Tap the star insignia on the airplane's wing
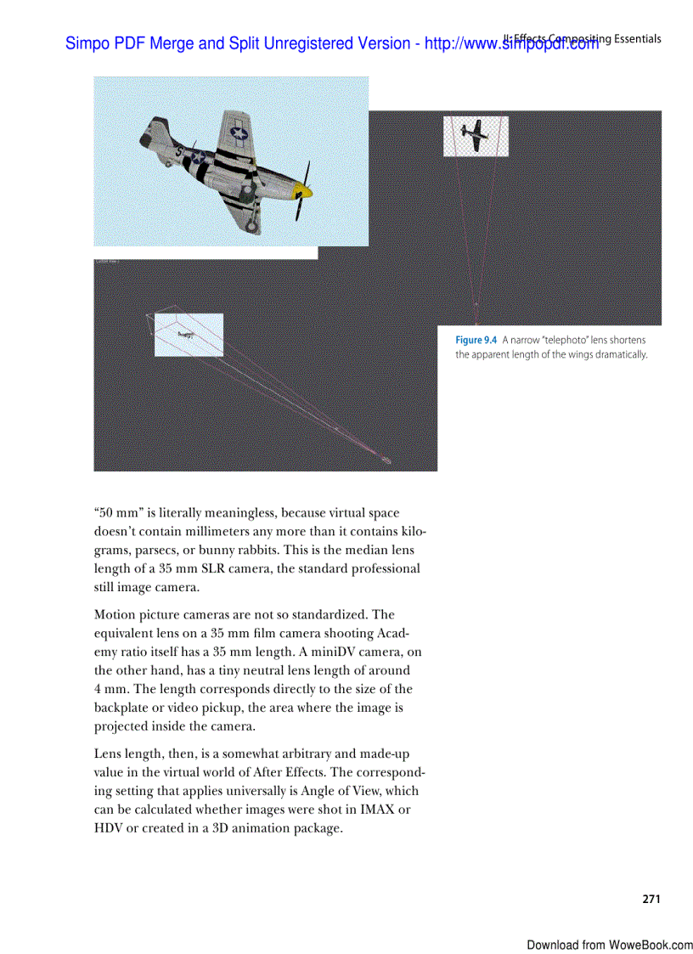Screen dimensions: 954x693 pos(239,133)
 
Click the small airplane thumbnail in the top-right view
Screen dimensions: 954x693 pos(475,135)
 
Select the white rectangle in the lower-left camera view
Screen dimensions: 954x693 pos(189,335)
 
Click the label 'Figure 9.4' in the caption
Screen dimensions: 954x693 pos(476,340)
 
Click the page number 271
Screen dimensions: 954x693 pos(651,899)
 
